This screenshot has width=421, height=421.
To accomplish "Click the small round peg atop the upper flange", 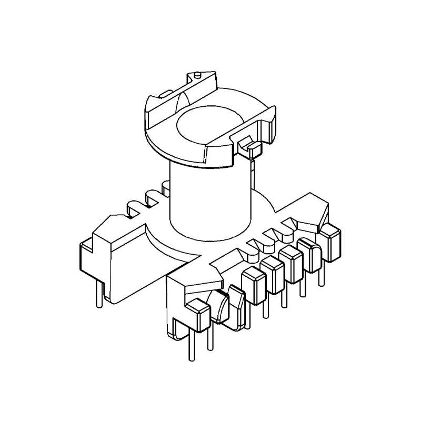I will click(196, 75).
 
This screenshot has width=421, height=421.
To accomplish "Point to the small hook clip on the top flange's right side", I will click(249, 147).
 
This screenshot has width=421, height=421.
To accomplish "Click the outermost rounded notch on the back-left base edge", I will click(130, 207).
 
